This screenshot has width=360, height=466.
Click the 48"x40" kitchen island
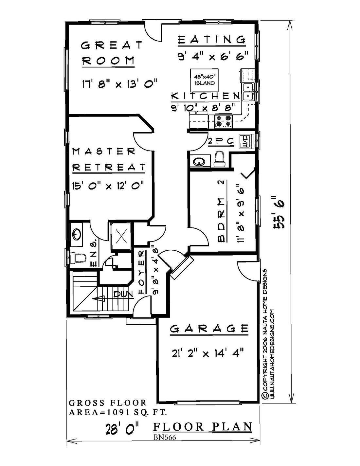click(x=204, y=80)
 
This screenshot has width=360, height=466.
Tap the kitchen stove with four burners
click(x=224, y=121)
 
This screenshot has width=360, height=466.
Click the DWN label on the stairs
click(x=123, y=295)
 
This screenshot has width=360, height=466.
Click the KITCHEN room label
click(x=205, y=96)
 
